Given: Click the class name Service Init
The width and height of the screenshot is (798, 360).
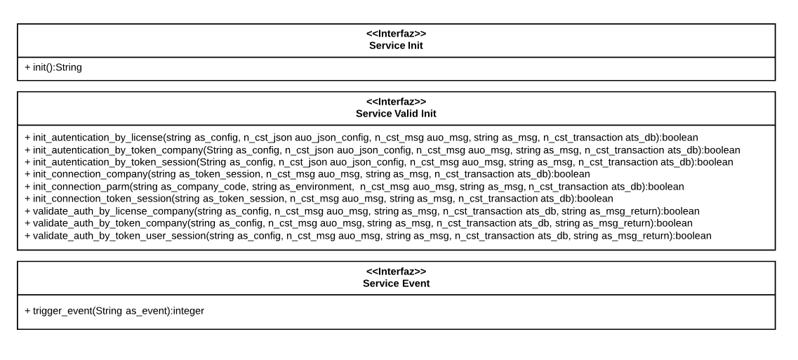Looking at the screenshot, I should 396,46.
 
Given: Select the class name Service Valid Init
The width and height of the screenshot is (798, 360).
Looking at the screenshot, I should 396,114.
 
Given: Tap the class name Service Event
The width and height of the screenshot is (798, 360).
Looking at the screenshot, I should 396,284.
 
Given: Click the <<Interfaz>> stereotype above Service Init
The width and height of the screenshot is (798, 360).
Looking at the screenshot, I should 396,34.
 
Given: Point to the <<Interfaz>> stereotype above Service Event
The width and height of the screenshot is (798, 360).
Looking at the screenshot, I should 396,272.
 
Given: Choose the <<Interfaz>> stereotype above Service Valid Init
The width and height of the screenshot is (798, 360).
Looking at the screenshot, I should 396,102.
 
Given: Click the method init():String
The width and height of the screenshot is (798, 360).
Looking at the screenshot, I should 53,68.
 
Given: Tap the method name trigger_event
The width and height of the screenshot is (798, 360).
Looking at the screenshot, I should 62,309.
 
